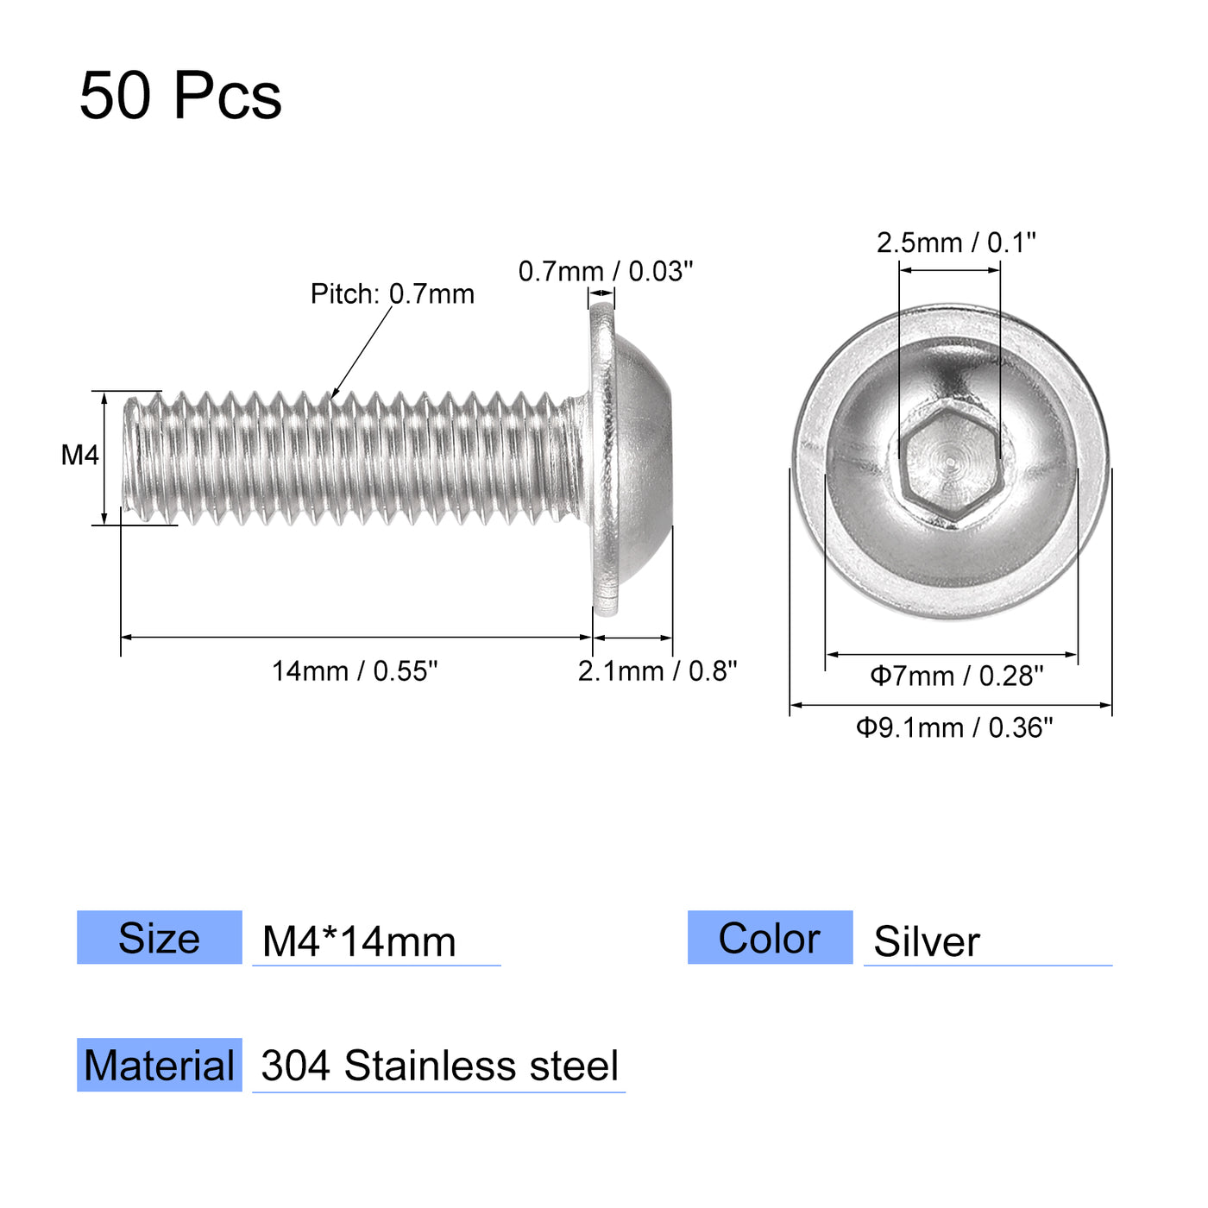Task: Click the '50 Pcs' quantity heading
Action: click(180, 95)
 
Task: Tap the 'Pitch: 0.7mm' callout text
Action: click(393, 294)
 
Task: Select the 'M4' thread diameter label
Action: click(79, 456)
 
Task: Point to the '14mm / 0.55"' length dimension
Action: click(355, 671)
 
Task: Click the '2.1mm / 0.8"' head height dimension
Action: click(657, 671)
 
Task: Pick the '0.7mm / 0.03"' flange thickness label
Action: click(605, 272)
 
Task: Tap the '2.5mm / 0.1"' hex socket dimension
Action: click(955, 243)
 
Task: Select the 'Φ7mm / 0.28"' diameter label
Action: click(956, 676)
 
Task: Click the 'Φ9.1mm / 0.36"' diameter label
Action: click(954, 728)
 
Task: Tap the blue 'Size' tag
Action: click(160, 938)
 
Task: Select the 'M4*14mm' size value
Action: click(359, 941)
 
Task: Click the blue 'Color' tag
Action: click(770, 938)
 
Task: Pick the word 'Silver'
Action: click(927, 941)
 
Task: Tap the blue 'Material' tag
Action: click(160, 1066)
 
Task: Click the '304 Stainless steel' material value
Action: click(439, 1066)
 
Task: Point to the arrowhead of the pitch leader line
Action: click(335, 394)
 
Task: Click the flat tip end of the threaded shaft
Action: click(127, 457)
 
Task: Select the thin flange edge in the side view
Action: click(604, 457)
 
